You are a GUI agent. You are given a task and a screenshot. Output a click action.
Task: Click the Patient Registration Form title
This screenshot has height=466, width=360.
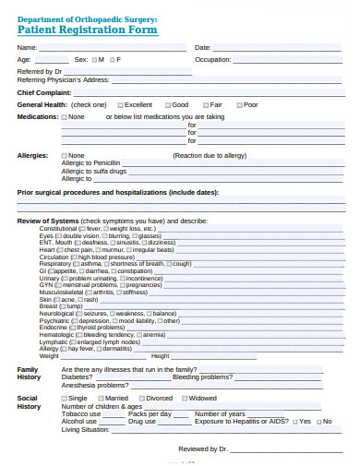[x=88, y=30]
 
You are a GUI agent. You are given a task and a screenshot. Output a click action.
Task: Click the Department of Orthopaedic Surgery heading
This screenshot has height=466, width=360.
[x=88, y=18]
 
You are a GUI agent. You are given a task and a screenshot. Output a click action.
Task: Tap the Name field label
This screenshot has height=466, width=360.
[x=28, y=47]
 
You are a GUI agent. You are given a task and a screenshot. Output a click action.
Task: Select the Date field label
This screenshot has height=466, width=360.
[x=203, y=47]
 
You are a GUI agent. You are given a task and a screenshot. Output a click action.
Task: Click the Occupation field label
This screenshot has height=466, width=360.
[x=213, y=59]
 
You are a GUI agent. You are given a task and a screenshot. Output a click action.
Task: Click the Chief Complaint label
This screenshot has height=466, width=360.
[x=44, y=92]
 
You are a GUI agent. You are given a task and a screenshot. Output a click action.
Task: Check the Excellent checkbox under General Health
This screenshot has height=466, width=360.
[x=118, y=105]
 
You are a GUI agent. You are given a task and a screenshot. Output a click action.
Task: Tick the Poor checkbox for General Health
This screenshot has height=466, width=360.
[x=238, y=105]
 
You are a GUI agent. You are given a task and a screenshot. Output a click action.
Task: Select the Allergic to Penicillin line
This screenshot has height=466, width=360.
[x=90, y=162]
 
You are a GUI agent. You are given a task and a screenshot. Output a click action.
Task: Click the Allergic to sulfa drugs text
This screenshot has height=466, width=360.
[x=93, y=171]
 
